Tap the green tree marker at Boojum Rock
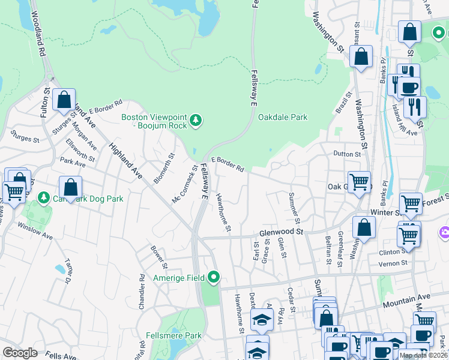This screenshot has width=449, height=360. pos(196,122)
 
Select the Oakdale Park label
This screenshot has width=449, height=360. pos(283,118)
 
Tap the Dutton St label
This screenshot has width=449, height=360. pos(348,154)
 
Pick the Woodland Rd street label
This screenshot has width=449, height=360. pos(37,34)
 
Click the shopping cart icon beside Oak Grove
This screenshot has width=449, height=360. pos(359,181)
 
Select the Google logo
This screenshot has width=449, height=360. pos(20,353)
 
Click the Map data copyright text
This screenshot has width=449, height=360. pos(423,355)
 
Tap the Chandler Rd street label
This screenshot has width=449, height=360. pos(142,289)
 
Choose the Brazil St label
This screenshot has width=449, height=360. pos(342,103)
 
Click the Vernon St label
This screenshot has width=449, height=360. pos(394,263)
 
